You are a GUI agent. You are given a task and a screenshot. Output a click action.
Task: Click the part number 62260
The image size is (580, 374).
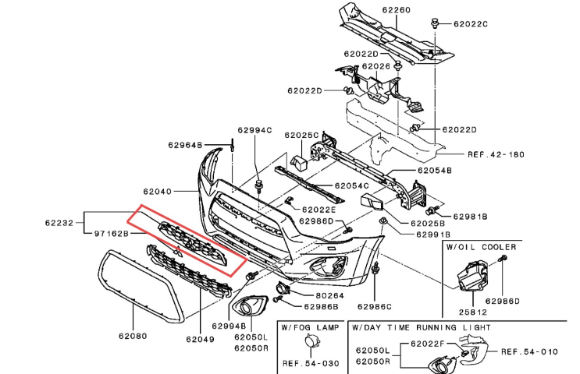[x=395, y=11]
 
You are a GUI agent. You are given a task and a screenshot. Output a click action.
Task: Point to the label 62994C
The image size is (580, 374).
[x=251, y=130]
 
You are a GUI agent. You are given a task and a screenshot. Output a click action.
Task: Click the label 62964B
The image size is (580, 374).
[x=185, y=145]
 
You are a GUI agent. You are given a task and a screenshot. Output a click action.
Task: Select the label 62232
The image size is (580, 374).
[x=59, y=223]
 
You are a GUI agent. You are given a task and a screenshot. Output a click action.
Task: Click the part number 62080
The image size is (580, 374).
[x=133, y=337]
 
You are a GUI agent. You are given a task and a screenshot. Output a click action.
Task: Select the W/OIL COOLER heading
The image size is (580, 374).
[x=481, y=247]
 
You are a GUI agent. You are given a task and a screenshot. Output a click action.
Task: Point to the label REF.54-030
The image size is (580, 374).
[x=311, y=363]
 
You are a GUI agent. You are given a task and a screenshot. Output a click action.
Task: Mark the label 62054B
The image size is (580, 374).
[x=435, y=170]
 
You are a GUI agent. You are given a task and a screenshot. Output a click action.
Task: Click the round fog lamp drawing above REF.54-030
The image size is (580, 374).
[x=312, y=344]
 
